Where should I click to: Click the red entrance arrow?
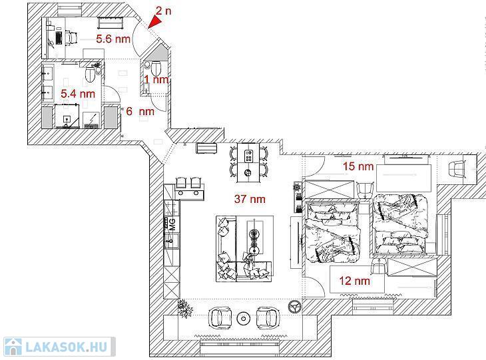click(155, 22)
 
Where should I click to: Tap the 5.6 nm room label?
click(113, 39)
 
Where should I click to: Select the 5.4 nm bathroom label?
click(78, 94)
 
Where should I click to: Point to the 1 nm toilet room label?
click(156, 80)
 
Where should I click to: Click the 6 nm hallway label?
click(140, 111)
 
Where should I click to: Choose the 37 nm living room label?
click(250, 199)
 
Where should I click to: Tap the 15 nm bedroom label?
click(358, 166)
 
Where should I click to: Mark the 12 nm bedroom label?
click(355, 281)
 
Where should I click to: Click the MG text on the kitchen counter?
click(172, 224)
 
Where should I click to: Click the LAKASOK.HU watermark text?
click(67, 347)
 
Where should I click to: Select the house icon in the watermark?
click(13, 347)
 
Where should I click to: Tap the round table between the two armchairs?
click(243, 318)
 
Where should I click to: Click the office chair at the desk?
click(71, 38)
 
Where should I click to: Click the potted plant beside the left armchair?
click(185, 307)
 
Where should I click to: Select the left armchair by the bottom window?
click(220, 317)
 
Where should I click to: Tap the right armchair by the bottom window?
click(267, 317)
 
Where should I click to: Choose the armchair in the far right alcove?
click(457, 169)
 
